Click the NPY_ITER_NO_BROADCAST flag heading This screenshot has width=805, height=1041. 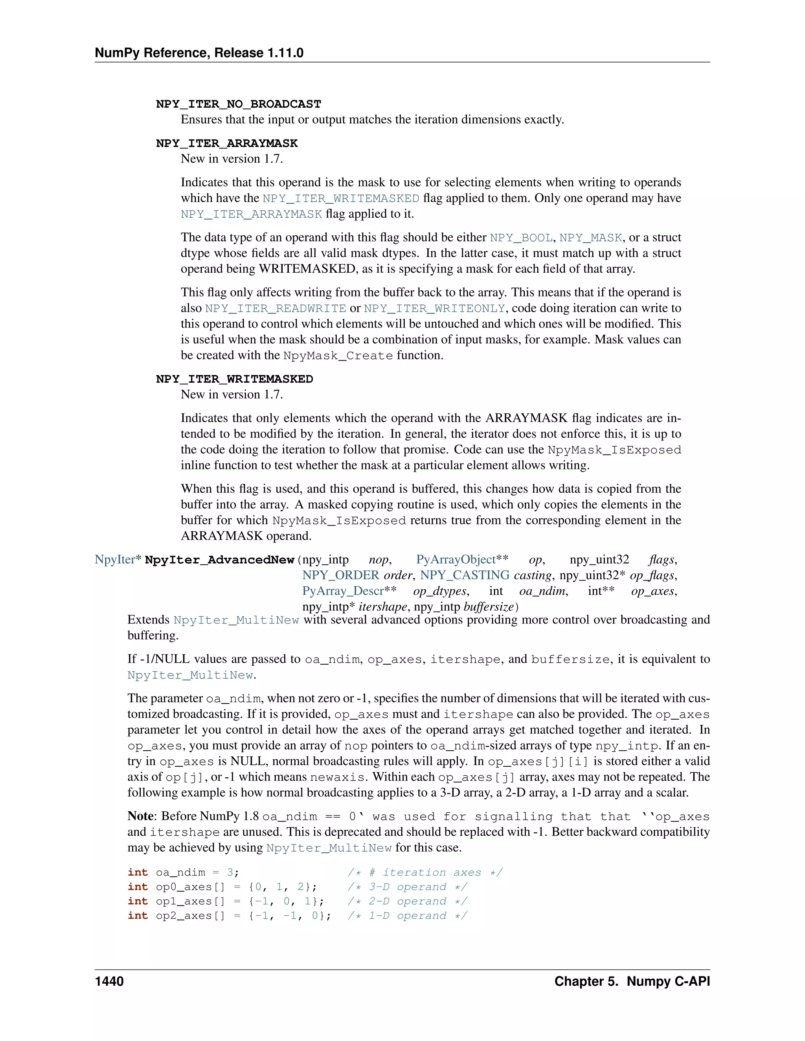pyautogui.click(x=239, y=104)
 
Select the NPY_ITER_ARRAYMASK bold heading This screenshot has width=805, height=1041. pyautogui.click(x=226, y=143)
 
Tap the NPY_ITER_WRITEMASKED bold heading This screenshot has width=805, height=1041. pyautogui.click(x=234, y=379)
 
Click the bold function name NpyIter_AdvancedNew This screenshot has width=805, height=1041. pyautogui.click(x=219, y=560)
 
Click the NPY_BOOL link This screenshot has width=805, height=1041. pyautogui.click(x=521, y=238)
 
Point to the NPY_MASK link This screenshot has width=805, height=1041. pyautogui.click(x=590, y=238)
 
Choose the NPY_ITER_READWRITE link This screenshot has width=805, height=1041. pyautogui.click(x=276, y=308)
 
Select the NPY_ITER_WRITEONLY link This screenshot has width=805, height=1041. pyautogui.click(x=434, y=308)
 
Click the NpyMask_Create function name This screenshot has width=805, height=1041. pyautogui.click(x=338, y=356)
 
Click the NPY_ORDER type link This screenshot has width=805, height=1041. pyautogui.click(x=340, y=575)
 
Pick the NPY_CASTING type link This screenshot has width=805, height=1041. pyautogui.click(x=465, y=575)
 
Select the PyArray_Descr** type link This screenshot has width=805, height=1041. pyautogui.click(x=349, y=591)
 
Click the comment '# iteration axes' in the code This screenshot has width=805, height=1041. pyautogui.click(x=425, y=872)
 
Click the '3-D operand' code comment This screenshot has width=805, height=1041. pyautogui.click(x=407, y=887)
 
